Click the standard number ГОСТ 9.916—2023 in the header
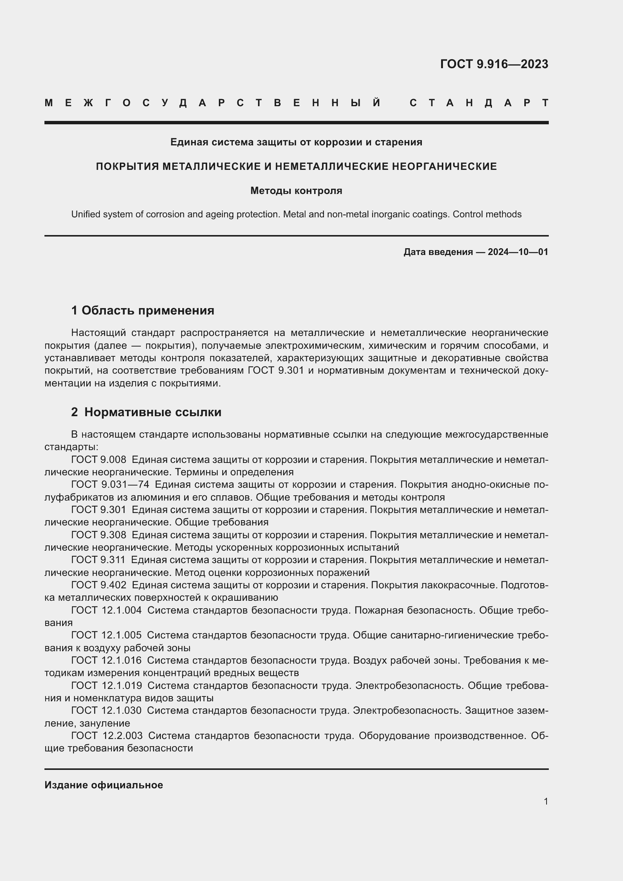494,64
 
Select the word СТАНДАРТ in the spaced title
479,103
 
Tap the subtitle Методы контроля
296,191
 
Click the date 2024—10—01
518,252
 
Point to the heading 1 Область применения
143,310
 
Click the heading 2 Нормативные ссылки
146,412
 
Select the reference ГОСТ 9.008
99,460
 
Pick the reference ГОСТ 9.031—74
110,485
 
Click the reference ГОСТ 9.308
99,534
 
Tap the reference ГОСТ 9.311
98,560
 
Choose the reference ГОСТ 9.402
99,585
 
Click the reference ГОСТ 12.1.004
106,610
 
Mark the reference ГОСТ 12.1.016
106,660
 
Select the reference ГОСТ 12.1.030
106,710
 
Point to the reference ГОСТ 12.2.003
107,736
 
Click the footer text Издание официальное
104,785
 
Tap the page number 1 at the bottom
545,801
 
